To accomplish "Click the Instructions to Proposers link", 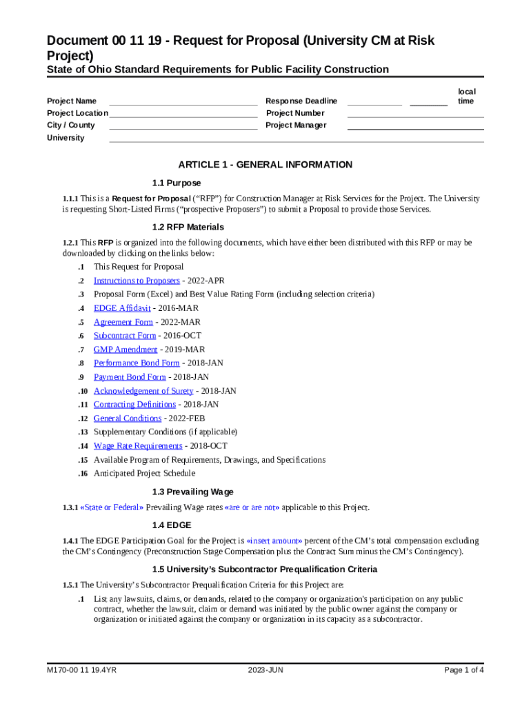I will click(x=137, y=281).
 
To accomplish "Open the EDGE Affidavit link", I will click(x=122, y=308).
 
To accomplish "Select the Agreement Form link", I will click(x=123, y=322).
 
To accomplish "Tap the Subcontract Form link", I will click(x=125, y=336).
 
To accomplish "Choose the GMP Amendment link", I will click(x=121, y=350).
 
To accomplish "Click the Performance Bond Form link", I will click(x=137, y=363).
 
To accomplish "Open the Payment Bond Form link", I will click(x=130, y=377).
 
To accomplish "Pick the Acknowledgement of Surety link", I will click(x=143, y=391).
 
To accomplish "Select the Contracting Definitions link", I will click(x=134, y=405).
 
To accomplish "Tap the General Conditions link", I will click(x=128, y=418).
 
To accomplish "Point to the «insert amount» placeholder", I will click(x=274, y=541).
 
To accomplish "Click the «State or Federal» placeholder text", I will click(x=112, y=507).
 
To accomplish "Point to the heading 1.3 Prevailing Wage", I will click(x=192, y=492).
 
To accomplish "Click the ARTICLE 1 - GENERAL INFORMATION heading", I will click(x=265, y=165).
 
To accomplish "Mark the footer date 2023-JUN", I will click(x=265, y=669).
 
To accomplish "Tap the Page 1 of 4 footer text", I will click(x=464, y=669).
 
